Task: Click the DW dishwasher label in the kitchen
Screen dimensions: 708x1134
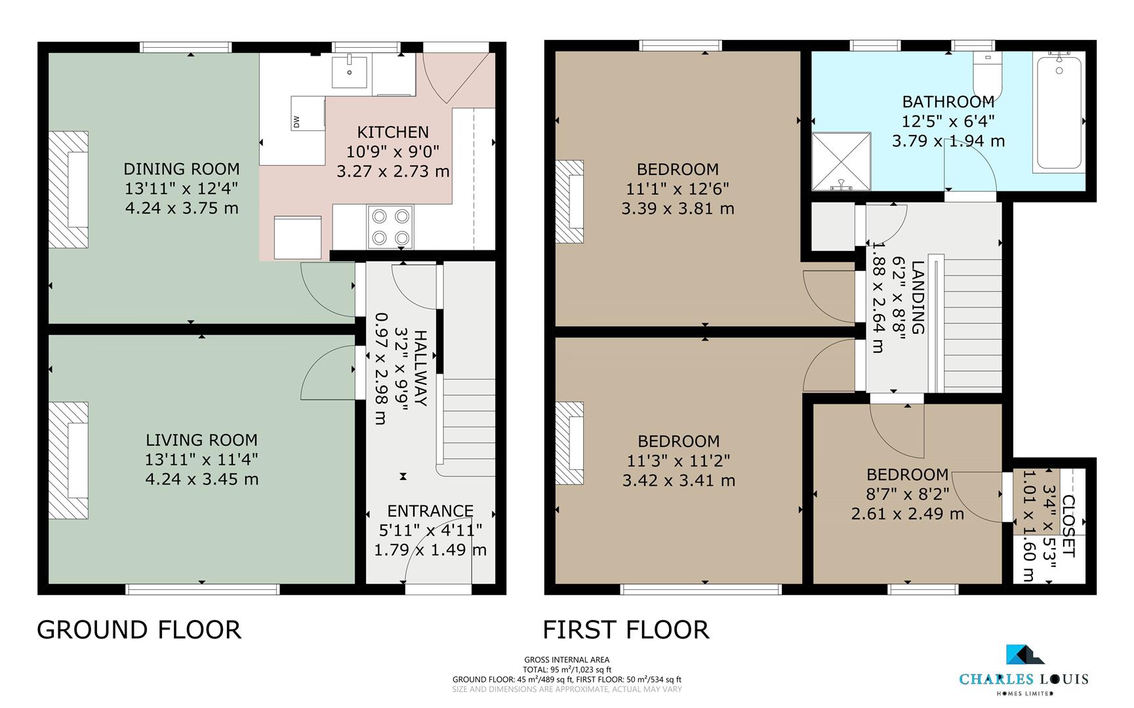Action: pyautogui.click(x=296, y=121)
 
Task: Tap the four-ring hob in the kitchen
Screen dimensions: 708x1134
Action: pyautogui.click(x=391, y=227)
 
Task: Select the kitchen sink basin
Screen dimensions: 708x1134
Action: pyautogui.click(x=349, y=71)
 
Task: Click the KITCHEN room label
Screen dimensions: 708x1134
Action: pyautogui.click(x=393, y=132)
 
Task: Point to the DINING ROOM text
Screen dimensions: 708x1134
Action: pyautogui.click(x=182, y=168)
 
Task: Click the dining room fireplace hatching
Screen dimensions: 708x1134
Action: pyautogui.click(x=69, y=189)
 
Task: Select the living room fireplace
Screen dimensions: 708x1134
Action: pyautogui.click(x=69, y=460)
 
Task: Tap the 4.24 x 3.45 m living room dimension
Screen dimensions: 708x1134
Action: pyautogui.click(x=201, y=479)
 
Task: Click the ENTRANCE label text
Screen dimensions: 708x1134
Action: pyautogui.click(x=430, y=511)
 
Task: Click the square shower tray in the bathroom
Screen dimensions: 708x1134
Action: pyautogui.click(x=841, y=161)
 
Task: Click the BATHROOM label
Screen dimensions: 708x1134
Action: pyautogui.click(x=948, y=102)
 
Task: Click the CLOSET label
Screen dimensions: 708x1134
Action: pyautogui.click(x=1068, y=526)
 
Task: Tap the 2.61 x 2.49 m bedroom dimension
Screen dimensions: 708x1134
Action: pyautogui.click(x=907, y=514)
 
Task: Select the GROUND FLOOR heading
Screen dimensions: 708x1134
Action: pyautogui.click(x=139, y=629)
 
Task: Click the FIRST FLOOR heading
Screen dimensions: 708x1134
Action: pyautogui.click(x=626, y=629)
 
